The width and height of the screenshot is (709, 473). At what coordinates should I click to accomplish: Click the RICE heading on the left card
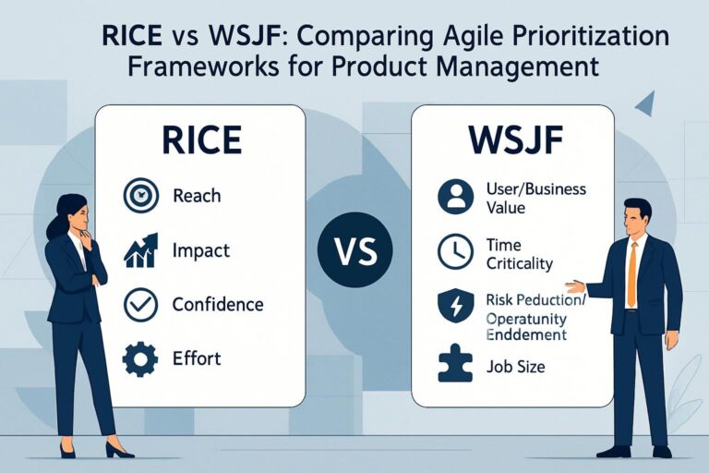click(201, 141)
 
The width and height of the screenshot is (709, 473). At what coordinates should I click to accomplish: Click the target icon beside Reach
click(140, 196)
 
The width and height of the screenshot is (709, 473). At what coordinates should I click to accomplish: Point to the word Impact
click(201, 250)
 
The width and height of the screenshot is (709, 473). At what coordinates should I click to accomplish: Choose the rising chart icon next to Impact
click(140, 250)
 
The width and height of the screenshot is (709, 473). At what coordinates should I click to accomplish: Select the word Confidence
click(218, 305)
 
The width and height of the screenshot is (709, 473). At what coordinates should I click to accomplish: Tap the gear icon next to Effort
click(140, 359)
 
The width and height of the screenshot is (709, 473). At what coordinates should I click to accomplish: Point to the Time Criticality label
click(518, 254)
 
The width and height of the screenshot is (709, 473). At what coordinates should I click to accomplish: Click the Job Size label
click(514, 367)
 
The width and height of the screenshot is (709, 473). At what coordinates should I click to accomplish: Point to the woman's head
click(73, 212)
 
